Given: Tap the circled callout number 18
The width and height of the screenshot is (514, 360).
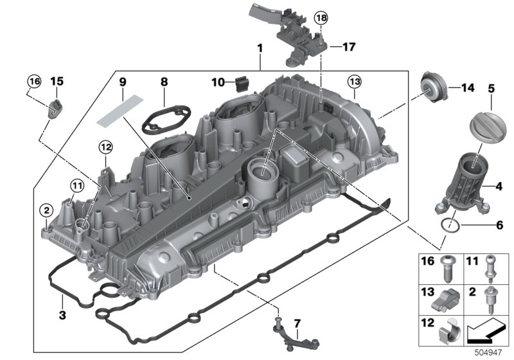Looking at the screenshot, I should coord(320,19).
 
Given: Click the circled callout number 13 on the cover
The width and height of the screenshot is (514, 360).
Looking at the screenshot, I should coord(355,82).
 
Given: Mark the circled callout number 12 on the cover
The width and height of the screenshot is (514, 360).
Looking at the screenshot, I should coord(105,147).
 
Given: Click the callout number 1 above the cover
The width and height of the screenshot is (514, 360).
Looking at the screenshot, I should coord(260,49).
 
